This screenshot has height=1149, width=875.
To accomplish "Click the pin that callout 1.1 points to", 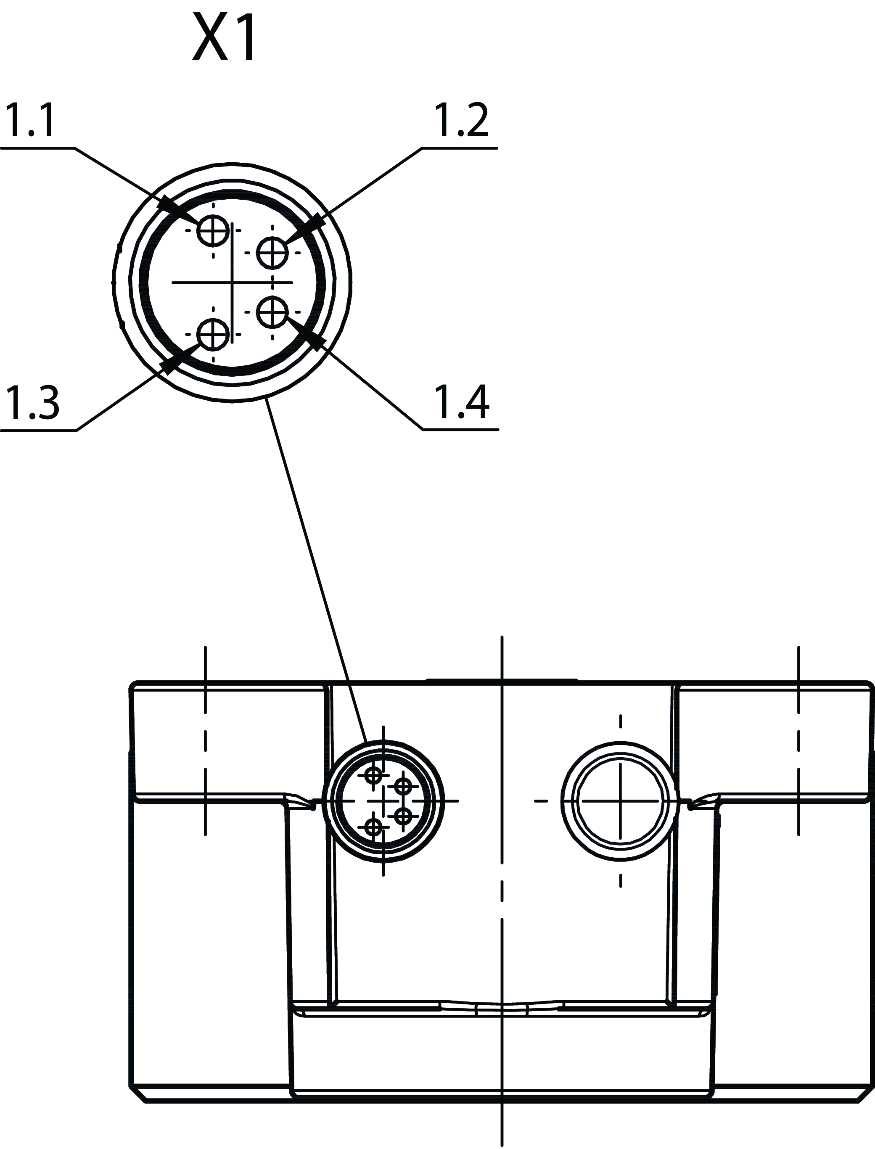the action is tap(212, 230).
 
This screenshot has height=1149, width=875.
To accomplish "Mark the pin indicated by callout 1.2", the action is tap(272, 253).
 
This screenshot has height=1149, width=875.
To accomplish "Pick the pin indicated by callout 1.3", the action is tap(212, 333).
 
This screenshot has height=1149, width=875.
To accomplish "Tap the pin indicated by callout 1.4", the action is tap(272, 312).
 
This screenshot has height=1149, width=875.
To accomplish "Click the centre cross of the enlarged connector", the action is tap(232, 282).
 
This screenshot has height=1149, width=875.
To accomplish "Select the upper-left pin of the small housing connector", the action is tap(373, 775).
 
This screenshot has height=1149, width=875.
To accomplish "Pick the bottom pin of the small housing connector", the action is tap(373, 826).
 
